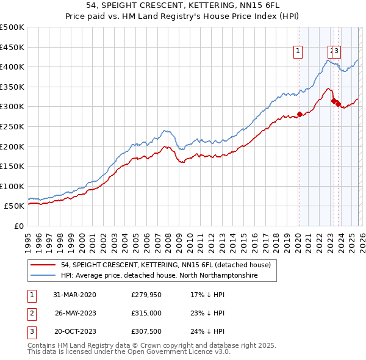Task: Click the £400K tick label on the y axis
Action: click(12, 67)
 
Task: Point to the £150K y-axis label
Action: click(12, 166)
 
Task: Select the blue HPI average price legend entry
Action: click(159, 276)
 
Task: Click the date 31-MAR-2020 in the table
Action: click(74, 295)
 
